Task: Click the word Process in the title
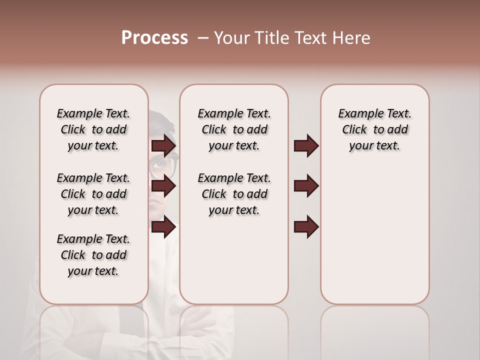click(x=154, y=38)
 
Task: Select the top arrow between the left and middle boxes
click(x=163, y=146)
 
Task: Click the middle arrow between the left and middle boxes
click(x=163, y=186)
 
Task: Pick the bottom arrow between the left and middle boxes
click(x=163, y=227)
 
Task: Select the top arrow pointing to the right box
click(x=306, y=146)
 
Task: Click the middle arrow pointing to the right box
click(x=306, y=186)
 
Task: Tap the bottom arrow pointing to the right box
click(x=306, y=227)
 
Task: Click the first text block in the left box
click(x=93, y=129)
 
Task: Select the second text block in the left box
click(x=93, y=194)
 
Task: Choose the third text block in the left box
click(x=93, y=255)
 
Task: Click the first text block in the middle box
click(x=234, y=129)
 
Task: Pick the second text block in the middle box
click(x=234, y=194)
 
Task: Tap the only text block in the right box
click(x=374, y=129)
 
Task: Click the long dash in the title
click(x=203, y=38)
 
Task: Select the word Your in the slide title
click(x=231, y=38)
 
